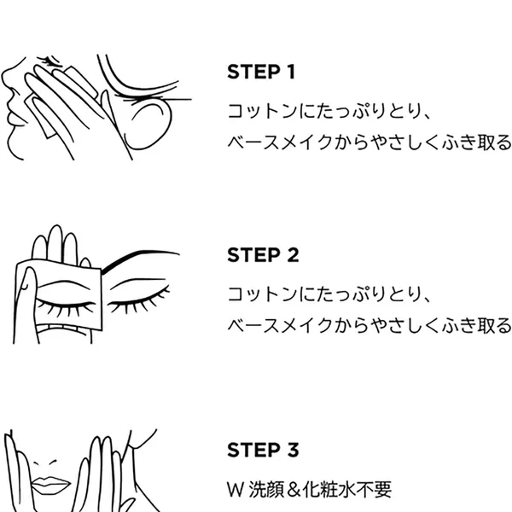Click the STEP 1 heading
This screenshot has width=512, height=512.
(x=261, y=72)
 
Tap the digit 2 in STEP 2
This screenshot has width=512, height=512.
(x=293, y=255)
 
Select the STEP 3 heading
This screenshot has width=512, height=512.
(x=263, y=450)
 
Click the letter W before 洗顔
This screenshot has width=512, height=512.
(x=236, y=490)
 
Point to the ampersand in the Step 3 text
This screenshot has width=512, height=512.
(x=294, y=490)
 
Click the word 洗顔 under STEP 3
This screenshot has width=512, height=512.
(x=267, y=490)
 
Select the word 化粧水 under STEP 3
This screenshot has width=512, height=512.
(x=329, y=490)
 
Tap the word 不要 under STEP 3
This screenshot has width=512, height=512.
(x=373, y=490)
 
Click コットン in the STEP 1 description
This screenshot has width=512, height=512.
(x=262, y=111)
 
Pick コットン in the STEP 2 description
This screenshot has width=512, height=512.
(x=262, y=294)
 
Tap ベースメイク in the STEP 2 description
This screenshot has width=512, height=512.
(x=280, y=326)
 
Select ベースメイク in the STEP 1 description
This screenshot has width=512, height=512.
(x=280, y=143)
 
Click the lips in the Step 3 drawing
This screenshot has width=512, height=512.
(x=50, y=484)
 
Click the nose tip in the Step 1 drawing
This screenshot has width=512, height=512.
(x=3, y=78)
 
